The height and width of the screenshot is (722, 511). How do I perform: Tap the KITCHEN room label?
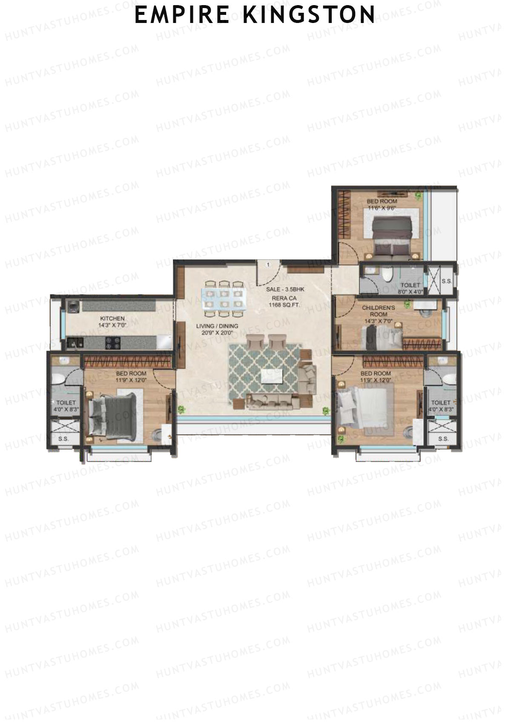click(112, 318)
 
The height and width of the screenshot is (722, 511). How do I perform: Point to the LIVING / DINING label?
click(217, 326)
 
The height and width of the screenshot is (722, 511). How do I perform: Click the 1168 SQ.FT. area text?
click(282, 305)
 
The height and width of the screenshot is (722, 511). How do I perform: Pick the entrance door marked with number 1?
click(268, 273)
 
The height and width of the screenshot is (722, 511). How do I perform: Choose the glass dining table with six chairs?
click(223, 298)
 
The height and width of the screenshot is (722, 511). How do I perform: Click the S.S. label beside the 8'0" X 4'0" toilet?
click(446, 281)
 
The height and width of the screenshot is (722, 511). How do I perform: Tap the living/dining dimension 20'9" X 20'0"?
click(217, 333)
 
